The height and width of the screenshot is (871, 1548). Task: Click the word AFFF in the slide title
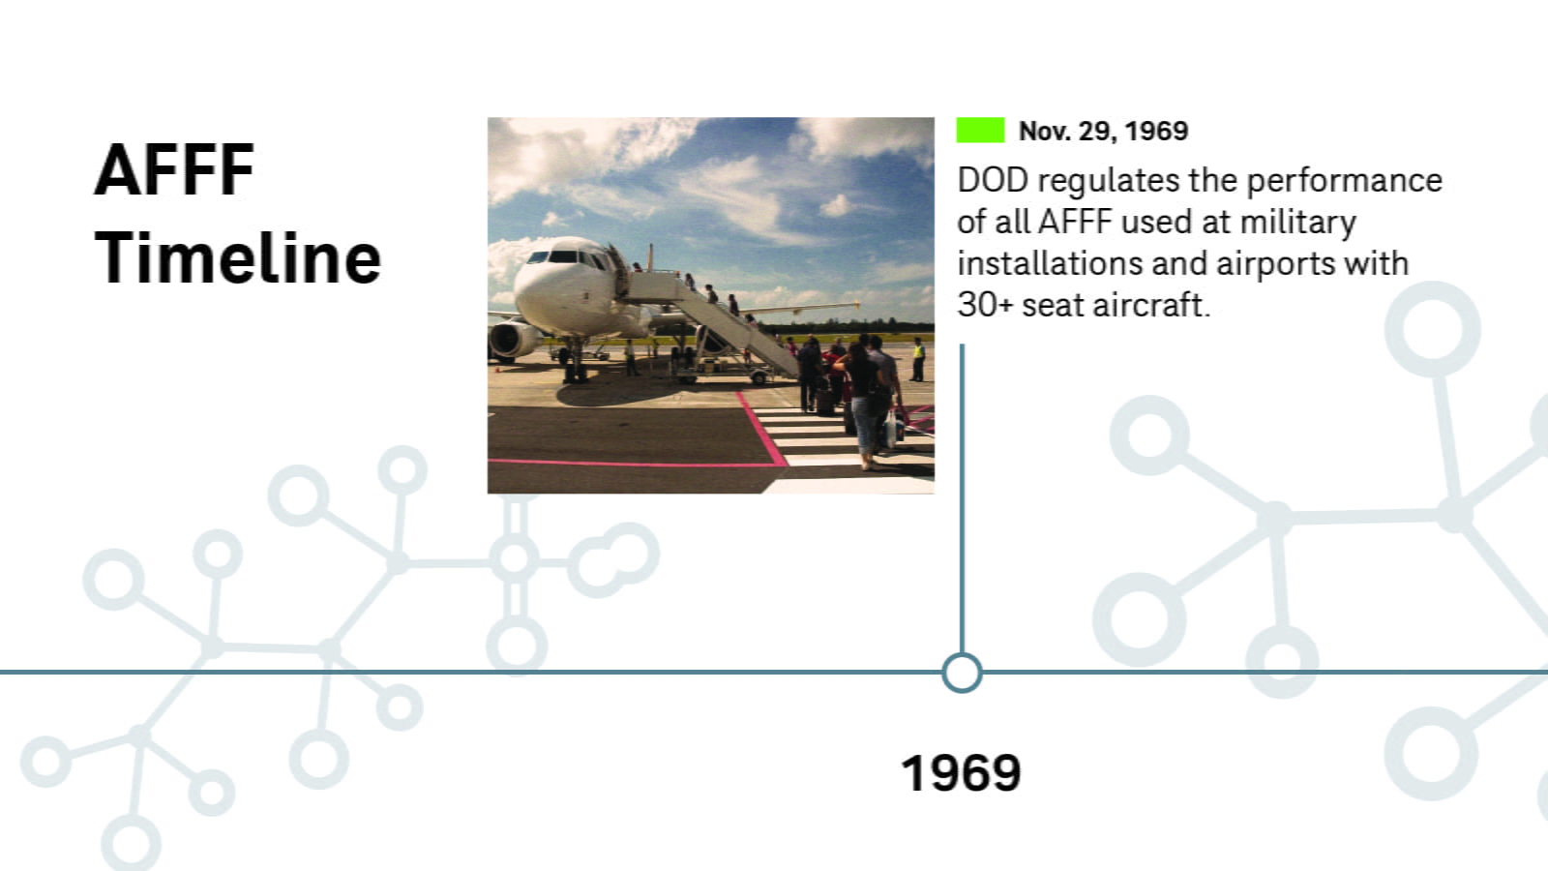coord(174,170)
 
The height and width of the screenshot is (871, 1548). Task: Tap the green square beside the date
coord(980,130)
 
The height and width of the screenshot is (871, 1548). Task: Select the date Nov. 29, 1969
coord(1103,131)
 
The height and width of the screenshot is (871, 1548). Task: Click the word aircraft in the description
coord(1151,305)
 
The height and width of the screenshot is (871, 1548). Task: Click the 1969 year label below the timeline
coord(962,773)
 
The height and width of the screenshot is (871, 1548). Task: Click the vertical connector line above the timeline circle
coord(962,498)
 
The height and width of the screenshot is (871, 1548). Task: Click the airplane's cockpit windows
coord(567,257)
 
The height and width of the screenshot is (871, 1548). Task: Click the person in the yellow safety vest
coord(918,359)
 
